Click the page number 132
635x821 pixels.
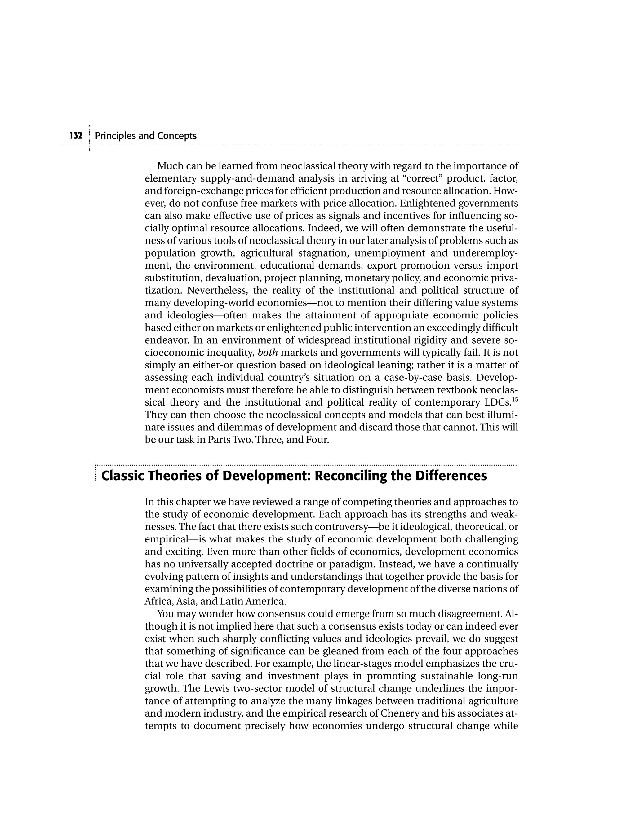[x=76, y=136]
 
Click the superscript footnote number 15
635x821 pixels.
[x=515, y=399]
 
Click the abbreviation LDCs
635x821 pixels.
[x=497, y=403]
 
